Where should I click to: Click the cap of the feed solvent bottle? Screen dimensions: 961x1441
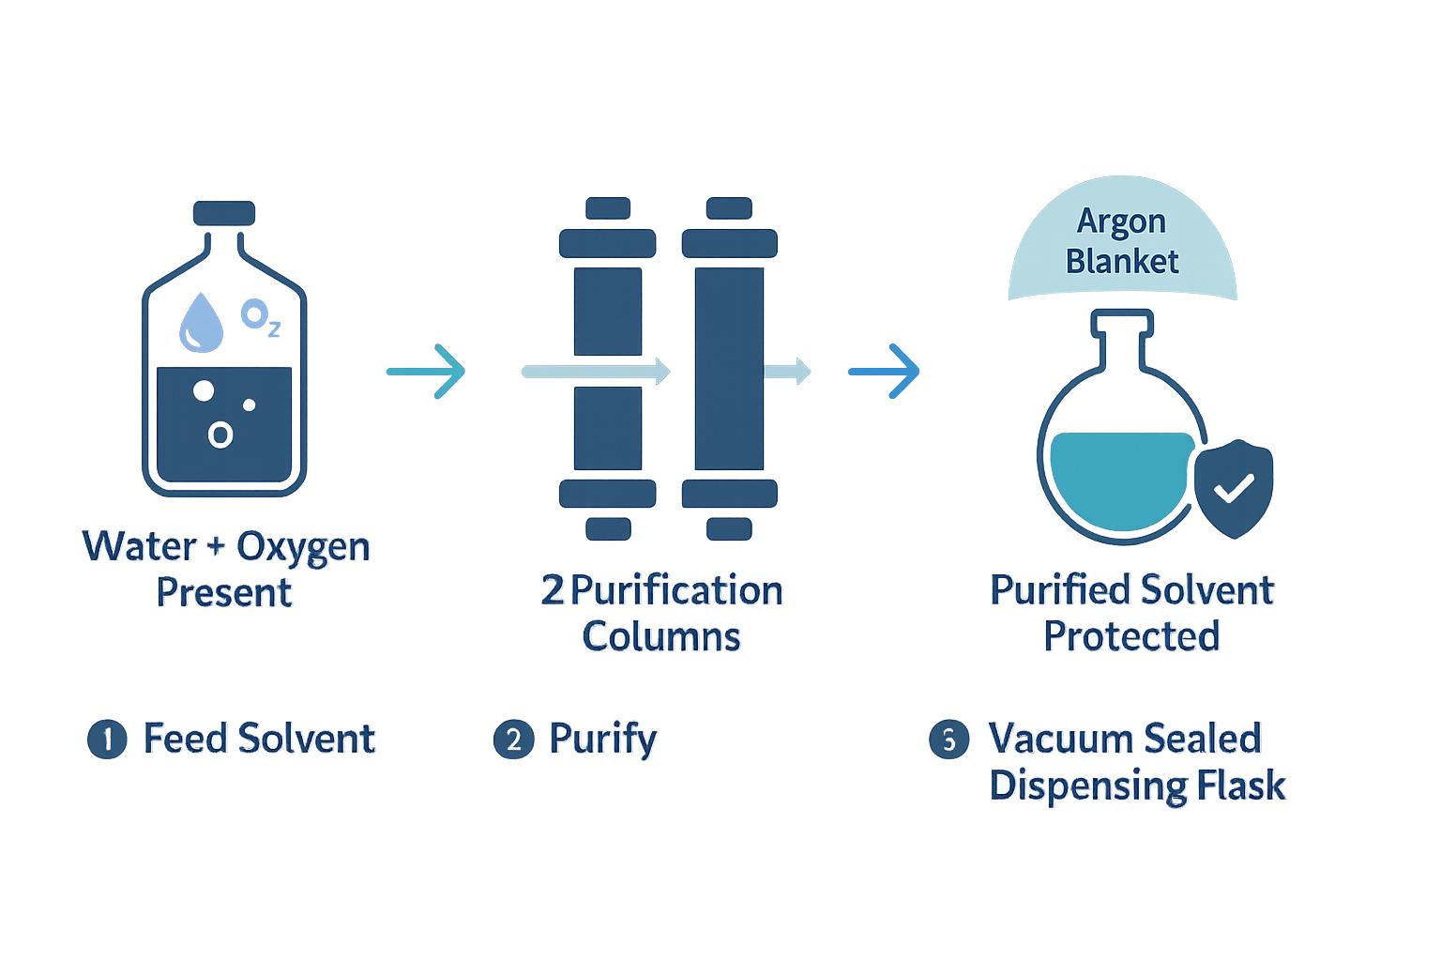(x=224, y=214)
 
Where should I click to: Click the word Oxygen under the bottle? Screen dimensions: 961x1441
(x=303, y=546)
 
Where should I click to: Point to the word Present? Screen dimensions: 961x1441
(x=224, y=593)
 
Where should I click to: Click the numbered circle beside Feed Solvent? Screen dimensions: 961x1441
(x=107, y=740)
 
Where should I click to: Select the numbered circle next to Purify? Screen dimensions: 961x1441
(x=513, y=740)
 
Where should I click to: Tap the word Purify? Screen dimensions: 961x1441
(x=603, y=740)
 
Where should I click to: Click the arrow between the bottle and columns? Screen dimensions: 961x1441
(x=427, y=372)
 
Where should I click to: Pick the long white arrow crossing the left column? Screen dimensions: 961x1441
(x=596, y=371)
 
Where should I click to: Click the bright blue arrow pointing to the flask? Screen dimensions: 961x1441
(x=884, y=372)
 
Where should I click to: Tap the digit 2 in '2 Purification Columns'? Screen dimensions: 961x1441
(x=552, y=591)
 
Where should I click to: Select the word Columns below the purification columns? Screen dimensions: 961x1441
(x=661, y=637)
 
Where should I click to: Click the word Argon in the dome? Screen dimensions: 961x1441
(x=1121, y=221)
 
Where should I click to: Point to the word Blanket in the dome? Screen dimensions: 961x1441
(x=1122, y=261)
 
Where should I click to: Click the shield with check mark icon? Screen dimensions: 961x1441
(x=1234, y=489)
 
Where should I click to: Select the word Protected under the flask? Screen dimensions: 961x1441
(x=1131, y=637)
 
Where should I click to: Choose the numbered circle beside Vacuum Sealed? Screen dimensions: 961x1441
(x=948, y=740)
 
